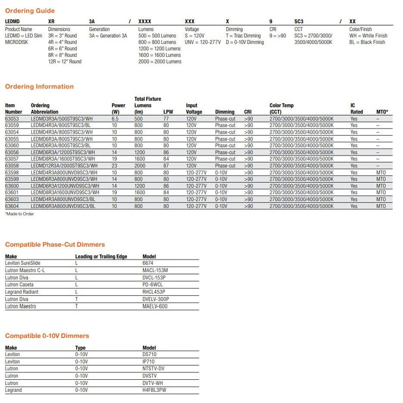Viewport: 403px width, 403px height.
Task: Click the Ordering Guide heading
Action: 30,11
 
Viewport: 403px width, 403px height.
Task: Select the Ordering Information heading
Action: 39,87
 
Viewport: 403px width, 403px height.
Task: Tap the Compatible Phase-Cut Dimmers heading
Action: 55,244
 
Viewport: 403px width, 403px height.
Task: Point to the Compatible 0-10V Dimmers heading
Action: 47,335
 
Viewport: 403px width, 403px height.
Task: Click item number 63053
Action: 12,118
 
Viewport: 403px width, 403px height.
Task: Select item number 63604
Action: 12,206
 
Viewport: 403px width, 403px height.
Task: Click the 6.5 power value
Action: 115,118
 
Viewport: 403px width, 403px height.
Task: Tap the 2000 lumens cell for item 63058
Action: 141,166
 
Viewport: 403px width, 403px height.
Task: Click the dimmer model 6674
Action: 149,263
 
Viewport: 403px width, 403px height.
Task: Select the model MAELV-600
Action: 155,306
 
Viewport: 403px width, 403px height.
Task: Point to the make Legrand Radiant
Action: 22,292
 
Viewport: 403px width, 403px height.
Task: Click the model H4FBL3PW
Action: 155,390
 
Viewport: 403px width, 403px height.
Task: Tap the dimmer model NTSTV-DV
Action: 154,368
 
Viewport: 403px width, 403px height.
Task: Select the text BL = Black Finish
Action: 367,42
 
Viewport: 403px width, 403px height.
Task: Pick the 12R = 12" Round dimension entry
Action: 64,62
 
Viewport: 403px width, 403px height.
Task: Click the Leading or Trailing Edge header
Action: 101,256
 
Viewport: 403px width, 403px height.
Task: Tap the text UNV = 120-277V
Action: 203,42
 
